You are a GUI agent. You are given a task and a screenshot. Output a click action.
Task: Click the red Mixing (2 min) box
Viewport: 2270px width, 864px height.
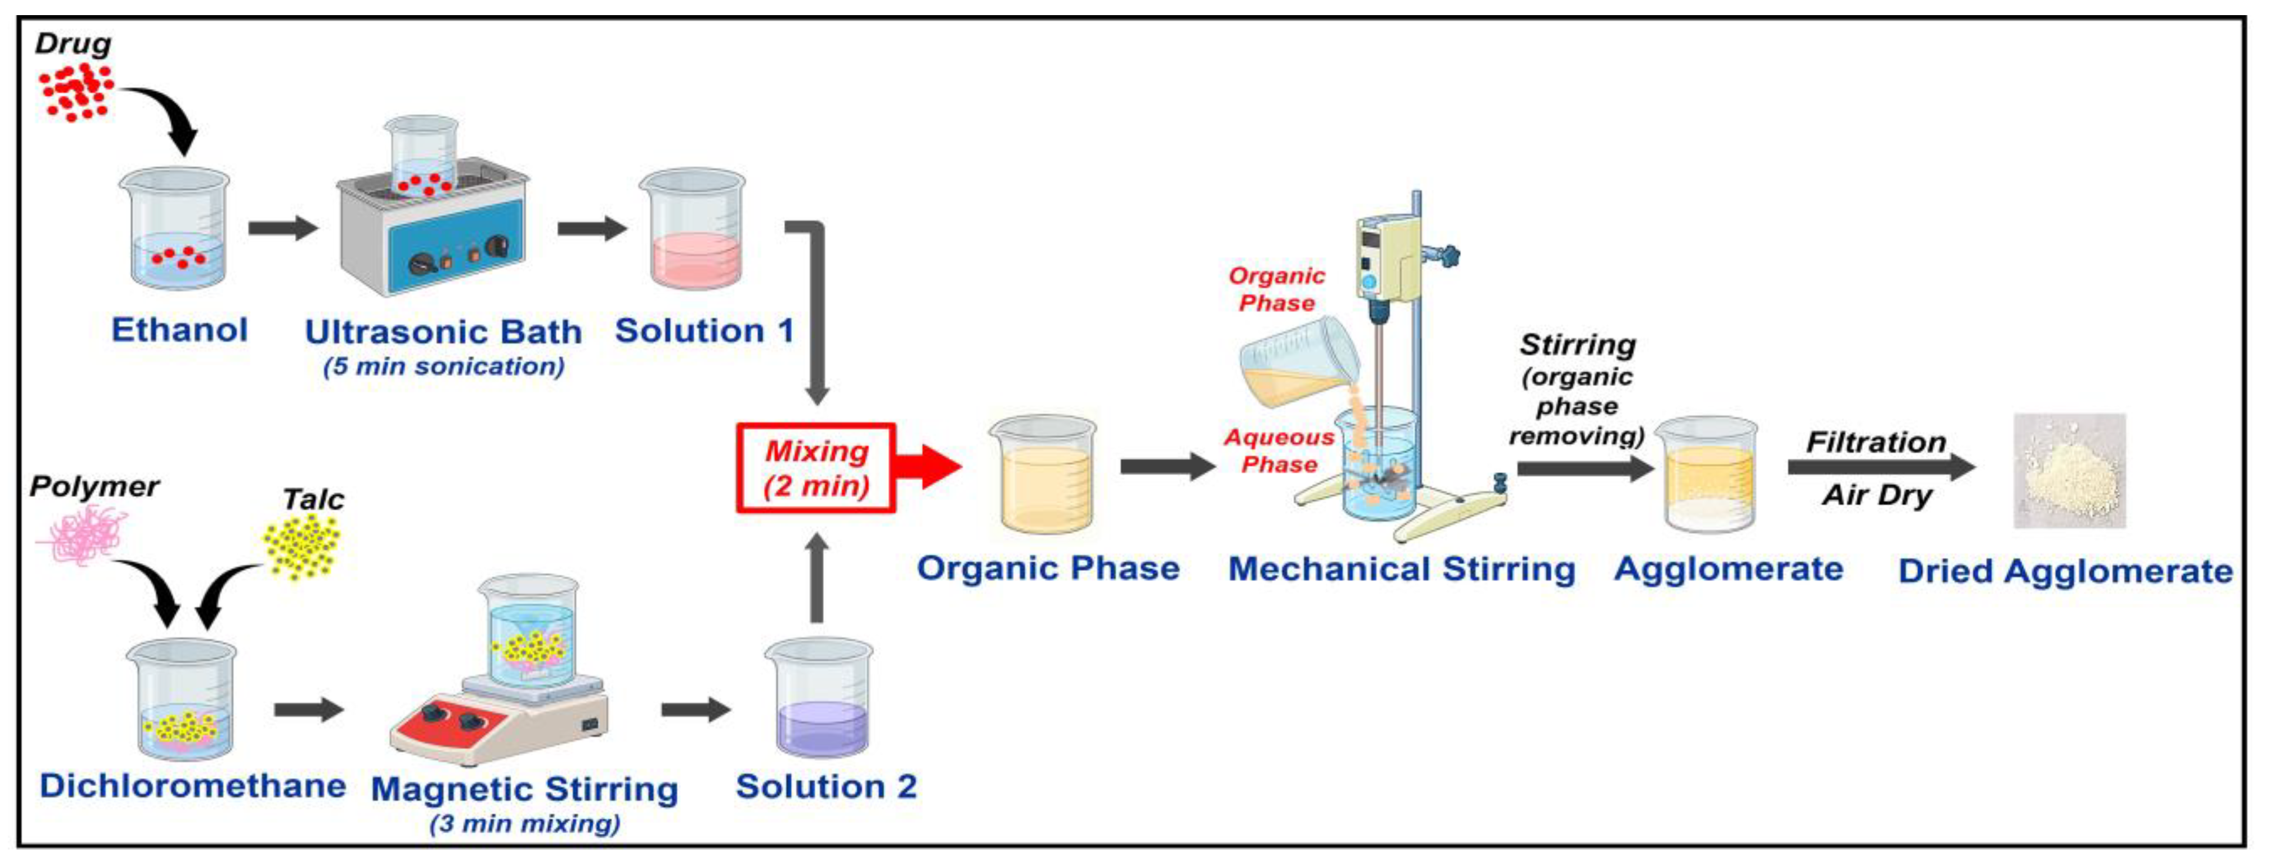pyautogui.click(x=816, y=468)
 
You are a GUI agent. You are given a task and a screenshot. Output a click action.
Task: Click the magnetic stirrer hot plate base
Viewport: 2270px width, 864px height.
pyautogui.click(x=498, y=722)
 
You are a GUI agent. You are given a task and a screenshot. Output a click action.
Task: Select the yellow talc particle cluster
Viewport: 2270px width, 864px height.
pyautogui.click(x=301, y=546)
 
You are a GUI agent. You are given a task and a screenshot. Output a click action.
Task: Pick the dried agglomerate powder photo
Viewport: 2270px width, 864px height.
pyautogui.click(x=2069, y=471)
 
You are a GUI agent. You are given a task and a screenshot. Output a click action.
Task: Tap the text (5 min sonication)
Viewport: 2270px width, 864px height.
pyautogui.click(x=443, y=367)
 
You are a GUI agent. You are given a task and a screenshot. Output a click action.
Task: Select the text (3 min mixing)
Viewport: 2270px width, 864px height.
pyautogui.click(x=525, y=824)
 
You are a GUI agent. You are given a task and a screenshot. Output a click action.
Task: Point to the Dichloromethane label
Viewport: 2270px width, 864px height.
pyautogui.click(x=192, y=786)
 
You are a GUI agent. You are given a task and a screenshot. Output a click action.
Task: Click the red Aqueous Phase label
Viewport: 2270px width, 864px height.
pyautogui.click(x=1279, y=450)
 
